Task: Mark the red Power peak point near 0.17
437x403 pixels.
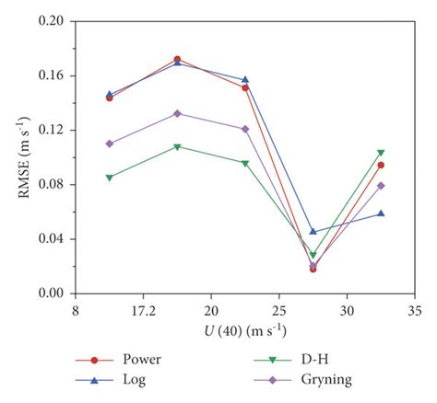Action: tap(177, 59)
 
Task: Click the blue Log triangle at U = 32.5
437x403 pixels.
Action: tap(381, 213)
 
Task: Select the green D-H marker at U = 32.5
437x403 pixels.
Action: tap(381, 153)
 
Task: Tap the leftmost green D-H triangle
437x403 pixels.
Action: tap(110, 178)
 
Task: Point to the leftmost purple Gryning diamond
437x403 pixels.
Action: tap(110, 144)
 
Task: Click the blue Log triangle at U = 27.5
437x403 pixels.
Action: tap(313, 232)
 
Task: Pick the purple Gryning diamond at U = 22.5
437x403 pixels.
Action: tap(245, 129)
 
